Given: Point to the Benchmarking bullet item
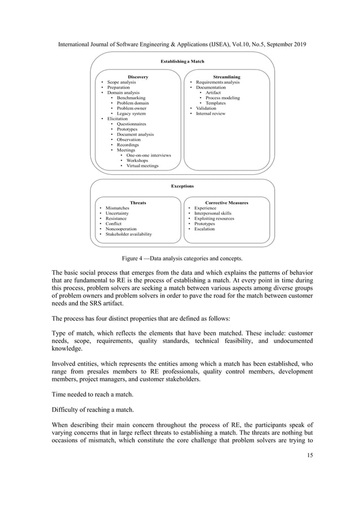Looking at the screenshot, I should point(130,98).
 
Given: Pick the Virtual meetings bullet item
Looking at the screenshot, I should point(142,166).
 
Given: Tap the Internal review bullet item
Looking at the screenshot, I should point(210,113).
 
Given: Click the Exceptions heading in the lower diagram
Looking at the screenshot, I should point(182,185).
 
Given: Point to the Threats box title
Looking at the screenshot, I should point(138,202).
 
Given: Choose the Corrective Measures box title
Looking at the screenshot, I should point(227,202).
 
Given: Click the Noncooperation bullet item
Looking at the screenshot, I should point(118,229).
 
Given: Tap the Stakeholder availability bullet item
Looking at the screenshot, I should point(128,234).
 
